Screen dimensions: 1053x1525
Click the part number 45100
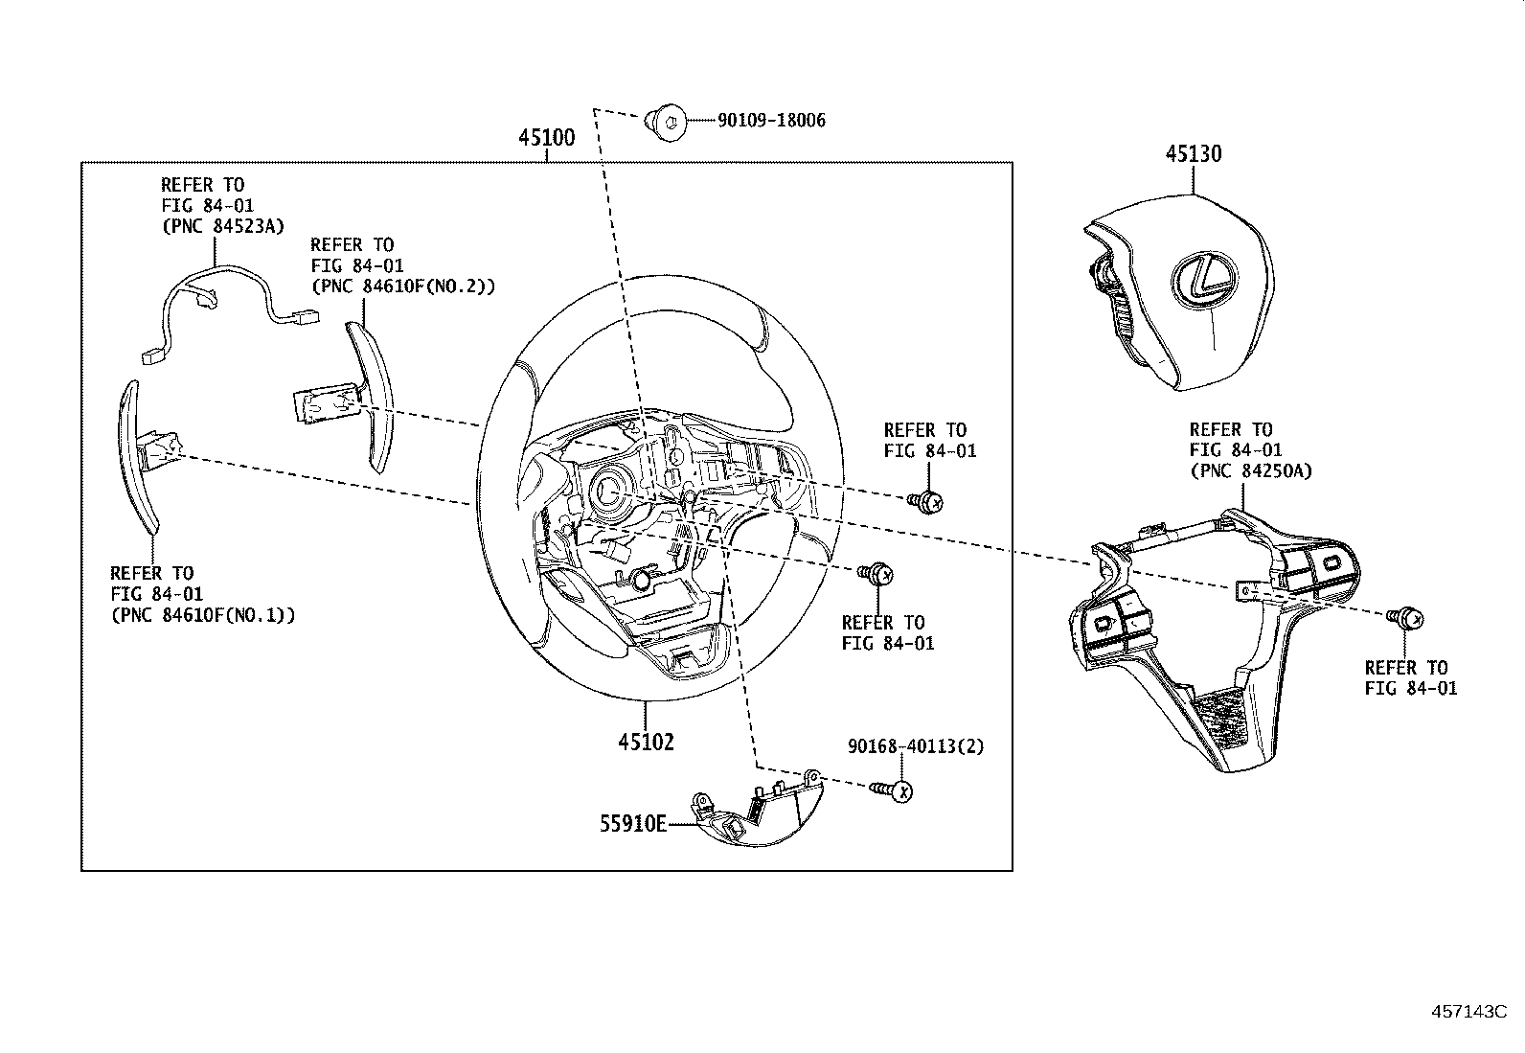pos(546,138)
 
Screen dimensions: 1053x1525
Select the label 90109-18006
pos(771,121)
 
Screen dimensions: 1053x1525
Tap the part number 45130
pos(1193,153)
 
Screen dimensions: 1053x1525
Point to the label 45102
pos(646,742)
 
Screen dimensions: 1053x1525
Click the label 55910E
pos(632,823)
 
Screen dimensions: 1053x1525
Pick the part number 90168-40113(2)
pos(915,746)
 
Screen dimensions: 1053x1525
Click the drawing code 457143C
pos(1469,1012)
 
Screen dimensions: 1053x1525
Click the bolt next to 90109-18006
pos(666,122)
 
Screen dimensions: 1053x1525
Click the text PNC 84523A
pos(222,227)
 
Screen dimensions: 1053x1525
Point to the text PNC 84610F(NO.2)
pos(402,286)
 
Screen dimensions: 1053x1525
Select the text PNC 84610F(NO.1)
pos(202,615)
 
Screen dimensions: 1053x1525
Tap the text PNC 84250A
pos(1250,471)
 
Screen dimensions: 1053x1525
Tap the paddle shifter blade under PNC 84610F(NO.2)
pos(374,393)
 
